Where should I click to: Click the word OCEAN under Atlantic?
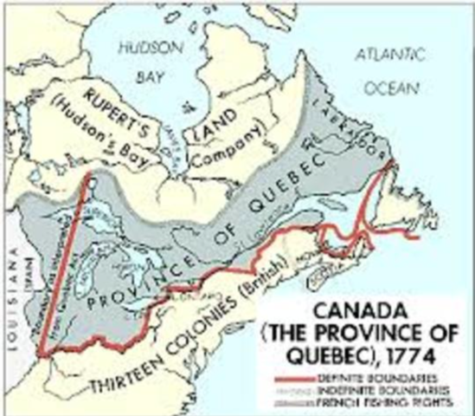point(391,88)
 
